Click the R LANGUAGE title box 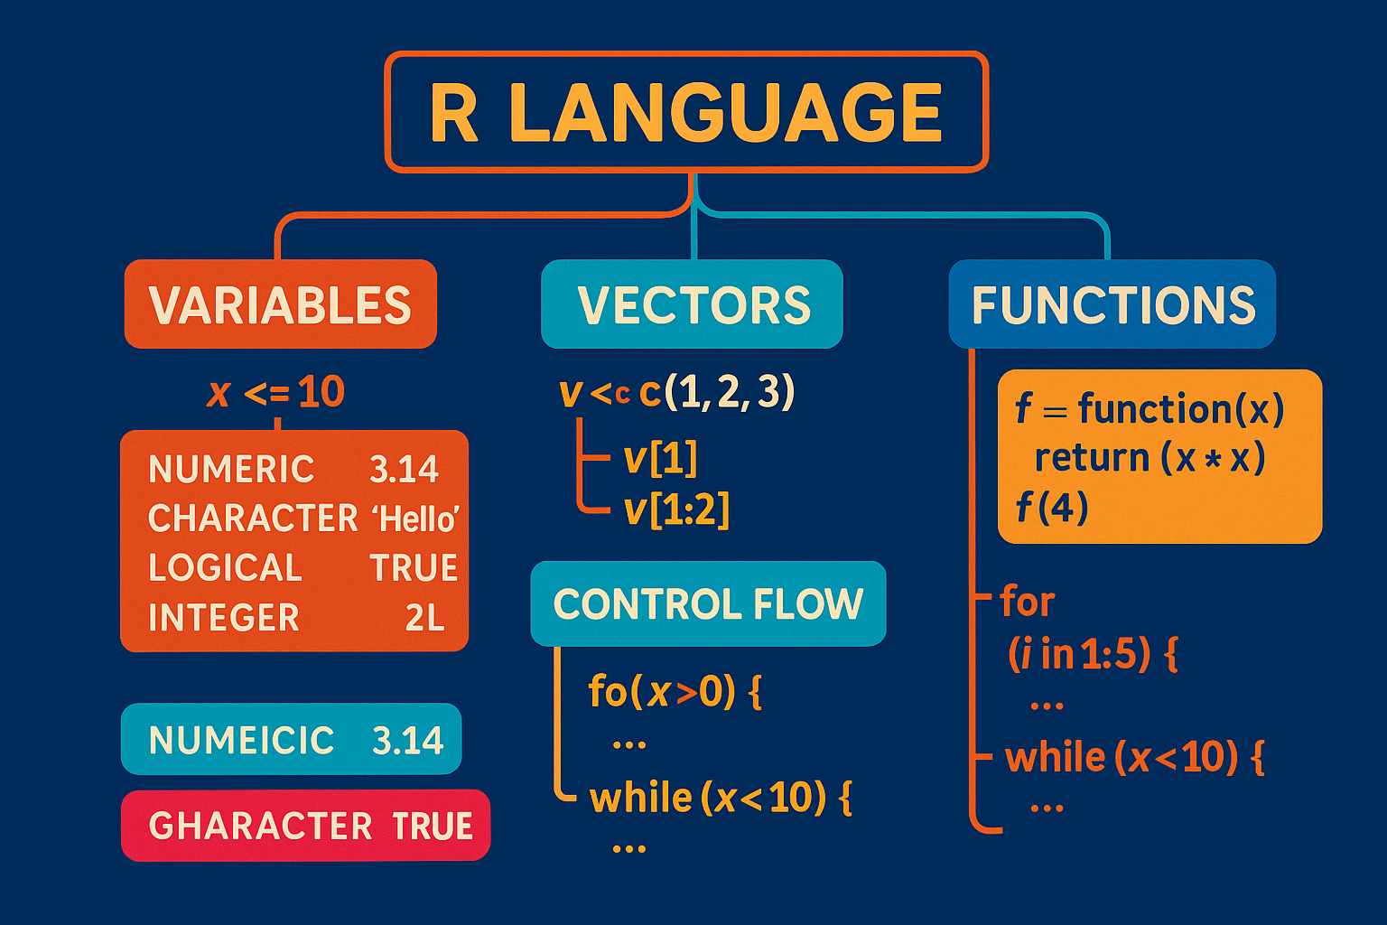tap(686, 112)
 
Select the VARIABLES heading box tap(280, 304)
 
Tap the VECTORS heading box tap(692, 304)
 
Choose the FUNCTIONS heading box tap(1112, 304)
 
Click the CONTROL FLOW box tap(708, 603)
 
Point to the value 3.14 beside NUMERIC tap(404, 469)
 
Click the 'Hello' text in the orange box tap(415, 519)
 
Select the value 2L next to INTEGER tap(424, 618)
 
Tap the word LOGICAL tap(225, 568)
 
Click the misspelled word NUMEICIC tap(241, 741)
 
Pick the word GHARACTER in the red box tap(260, 827)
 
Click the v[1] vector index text tap(660, 459)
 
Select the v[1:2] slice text tap(676, 510)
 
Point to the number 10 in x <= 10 tap(321, 392)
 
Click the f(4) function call tap(1052, 508)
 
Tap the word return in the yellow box tap(1091, 458)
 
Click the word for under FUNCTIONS tap(1028, 602)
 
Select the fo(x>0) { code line tap(675, 692)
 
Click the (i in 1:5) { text tap(1093, 654)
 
